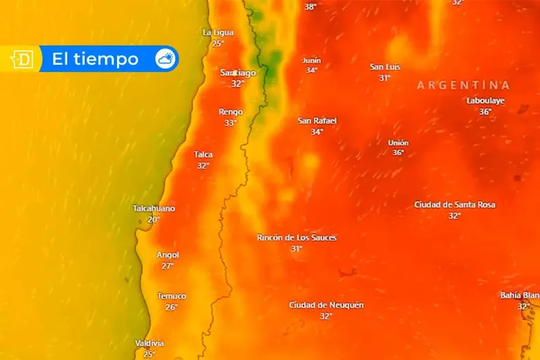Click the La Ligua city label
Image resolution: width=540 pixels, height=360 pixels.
pos(218,32)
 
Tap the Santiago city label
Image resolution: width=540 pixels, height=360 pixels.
pos(238,72)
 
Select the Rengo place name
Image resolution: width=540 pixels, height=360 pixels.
pos(230,112)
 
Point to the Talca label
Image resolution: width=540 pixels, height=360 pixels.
pos(203,154)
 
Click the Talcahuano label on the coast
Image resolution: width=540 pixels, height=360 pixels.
pos(154,208)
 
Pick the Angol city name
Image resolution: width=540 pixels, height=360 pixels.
pos(167,255)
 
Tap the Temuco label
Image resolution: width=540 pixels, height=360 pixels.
pos(172,296)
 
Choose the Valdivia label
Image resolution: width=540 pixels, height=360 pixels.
pos(149,343)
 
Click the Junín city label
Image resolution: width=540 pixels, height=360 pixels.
pos(312,60)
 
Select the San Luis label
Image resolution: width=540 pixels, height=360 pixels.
pos(385,67)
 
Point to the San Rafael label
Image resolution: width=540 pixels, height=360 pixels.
pos(317,121)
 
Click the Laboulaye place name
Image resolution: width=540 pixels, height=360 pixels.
pos(485,100)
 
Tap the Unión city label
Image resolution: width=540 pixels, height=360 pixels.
pos(398,143)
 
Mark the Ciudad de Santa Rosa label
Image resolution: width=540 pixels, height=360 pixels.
pos(455,204)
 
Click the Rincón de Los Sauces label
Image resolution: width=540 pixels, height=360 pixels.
pos(297,238)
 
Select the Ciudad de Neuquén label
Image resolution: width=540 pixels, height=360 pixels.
pos(326,305)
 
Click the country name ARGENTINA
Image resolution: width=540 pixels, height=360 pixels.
pos(463,85)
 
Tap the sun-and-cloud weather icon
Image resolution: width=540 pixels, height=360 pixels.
pos(165,59)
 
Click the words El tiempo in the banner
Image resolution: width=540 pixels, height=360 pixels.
pos(95,59)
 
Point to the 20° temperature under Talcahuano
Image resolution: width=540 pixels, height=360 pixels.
pos(153,219)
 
